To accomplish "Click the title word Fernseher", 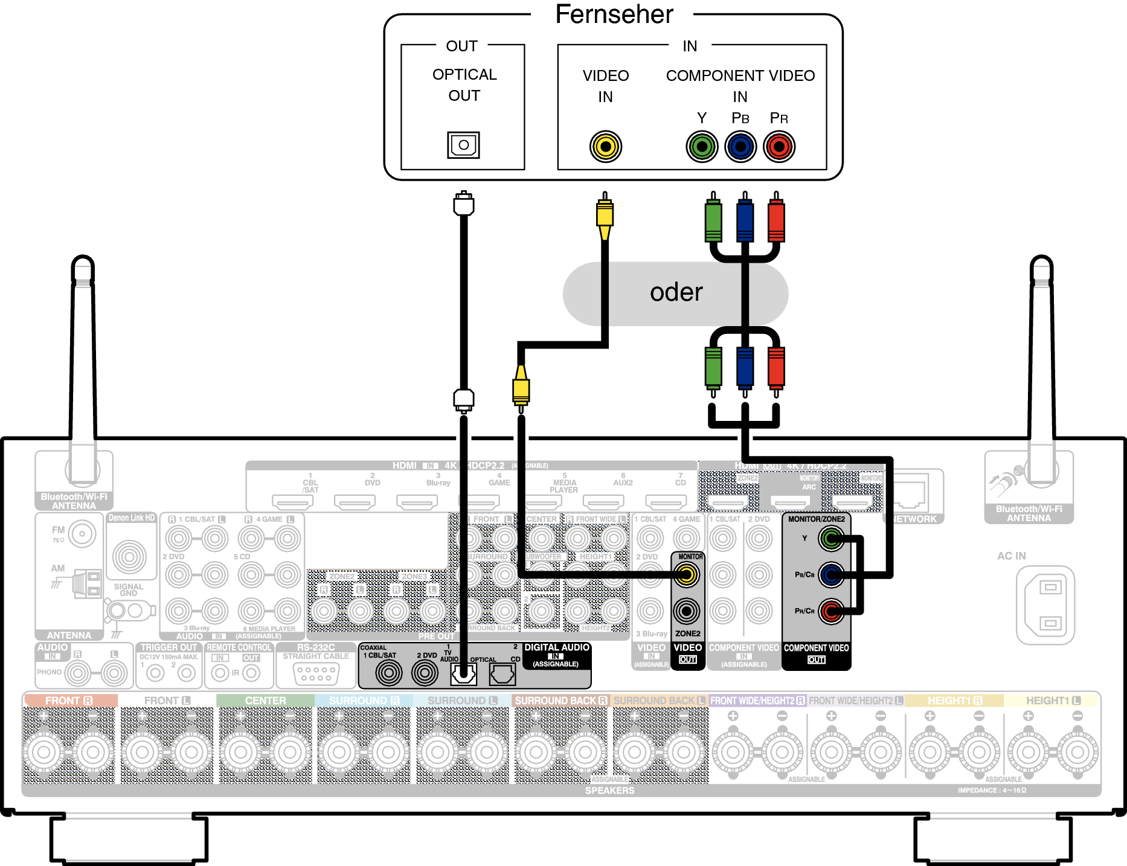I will coord(614,14).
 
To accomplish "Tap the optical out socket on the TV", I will coord(463,145).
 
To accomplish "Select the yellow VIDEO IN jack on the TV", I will coord(606,147).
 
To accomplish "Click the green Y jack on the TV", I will coord(702,147).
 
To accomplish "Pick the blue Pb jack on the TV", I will coord(740,147).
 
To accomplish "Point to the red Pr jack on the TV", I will coord(779,147).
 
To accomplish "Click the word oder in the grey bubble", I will coord(676,293).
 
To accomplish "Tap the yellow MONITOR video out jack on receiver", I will coord(687,574).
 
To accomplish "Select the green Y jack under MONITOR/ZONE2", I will coord(832,538).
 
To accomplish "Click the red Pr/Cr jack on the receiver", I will coord(832,611).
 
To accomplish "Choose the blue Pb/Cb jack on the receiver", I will coord(832,574).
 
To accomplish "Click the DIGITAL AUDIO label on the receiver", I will coord(556,647).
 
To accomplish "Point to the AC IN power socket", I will coord(1045,605).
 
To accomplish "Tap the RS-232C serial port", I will coord(316,673).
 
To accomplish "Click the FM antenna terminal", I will coord(82,534).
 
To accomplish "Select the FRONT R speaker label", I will coord(69,701).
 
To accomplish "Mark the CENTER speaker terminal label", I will coord(265,701).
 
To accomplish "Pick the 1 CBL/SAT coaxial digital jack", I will coord(388,673).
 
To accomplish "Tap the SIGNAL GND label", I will coord(129,589).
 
